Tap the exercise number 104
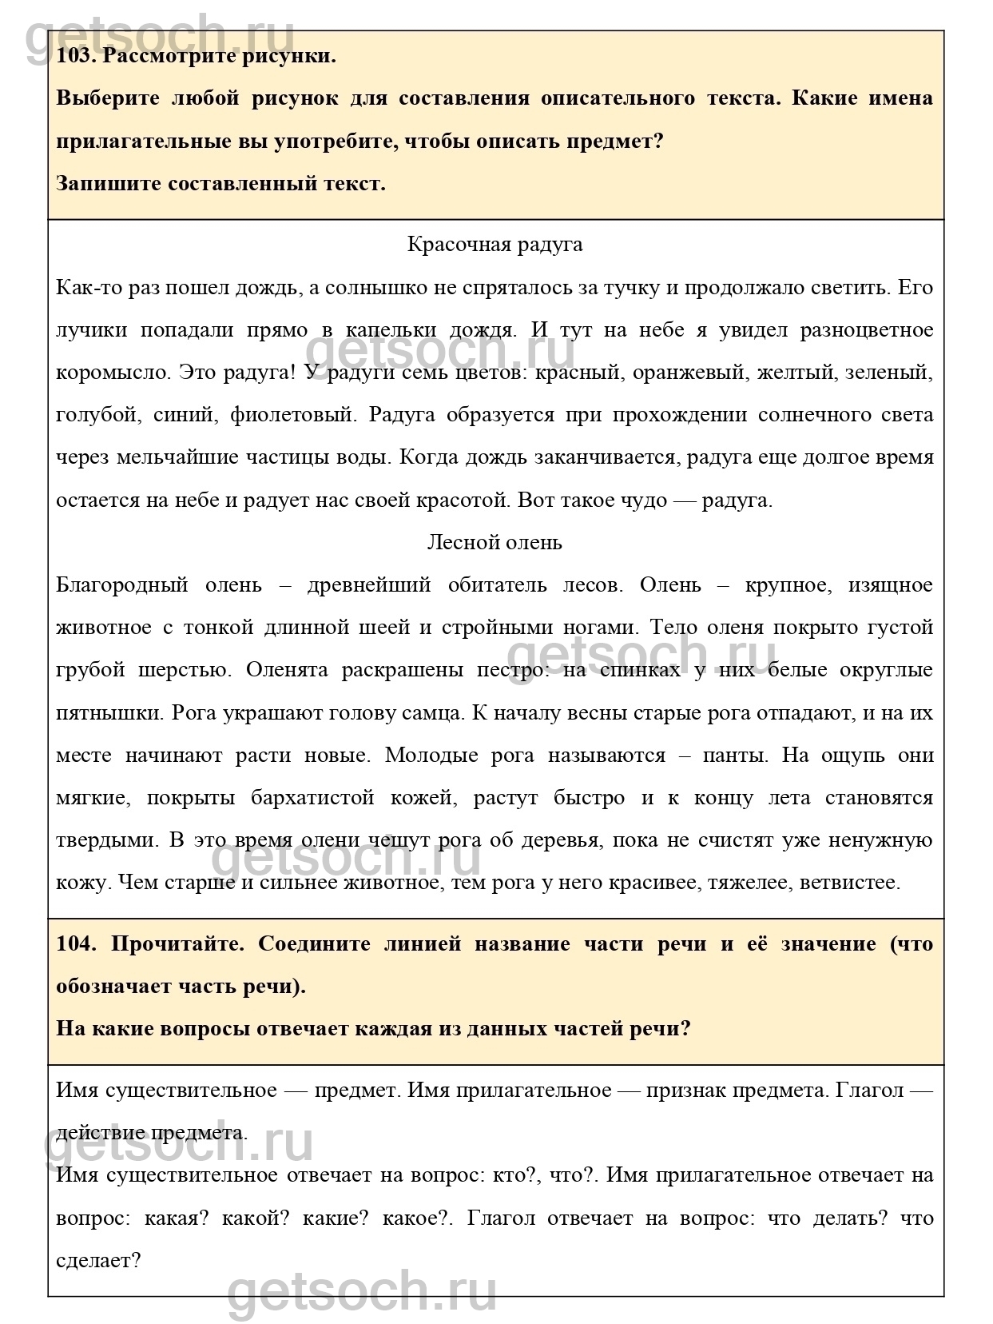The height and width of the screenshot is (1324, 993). click(76, 943)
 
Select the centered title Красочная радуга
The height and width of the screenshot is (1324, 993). click(495, 244)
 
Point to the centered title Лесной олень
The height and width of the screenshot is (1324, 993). click(495, 542)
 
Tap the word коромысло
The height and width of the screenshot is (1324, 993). click(113, 372)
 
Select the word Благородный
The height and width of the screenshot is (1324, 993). click(121, 584)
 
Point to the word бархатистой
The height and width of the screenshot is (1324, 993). click(312, 797)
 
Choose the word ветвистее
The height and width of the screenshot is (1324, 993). click(852, 882)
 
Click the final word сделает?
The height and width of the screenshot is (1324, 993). click(98, 1261)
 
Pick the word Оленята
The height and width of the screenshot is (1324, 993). click(287, 670)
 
